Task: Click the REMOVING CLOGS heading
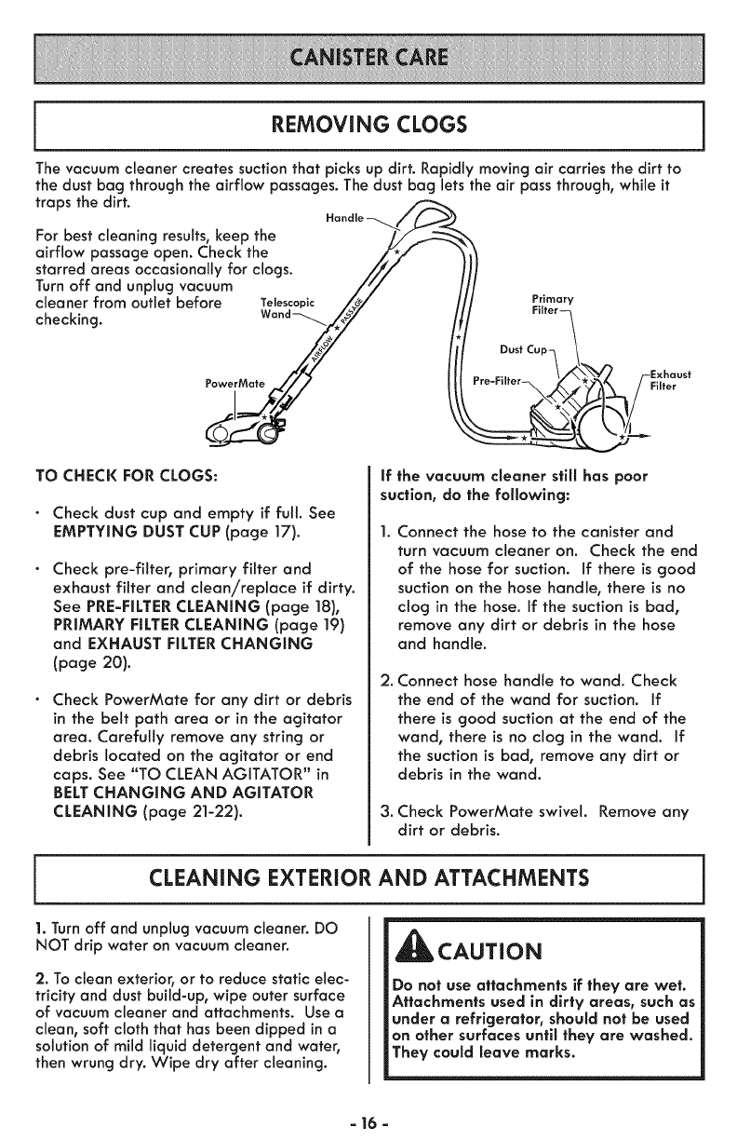(x=368, y=125)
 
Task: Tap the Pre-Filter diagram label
(x=495, y=381)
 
